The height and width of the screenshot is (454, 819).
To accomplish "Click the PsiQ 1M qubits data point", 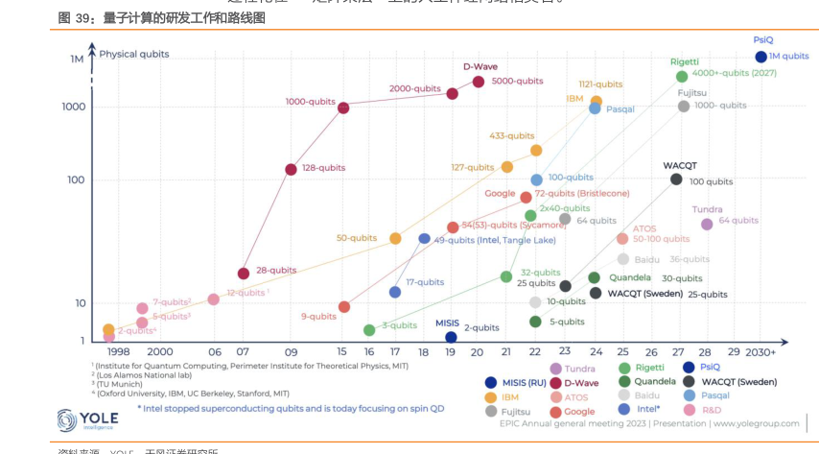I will [x=760, y=57].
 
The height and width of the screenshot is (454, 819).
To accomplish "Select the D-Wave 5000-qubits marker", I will [x=478, y=82].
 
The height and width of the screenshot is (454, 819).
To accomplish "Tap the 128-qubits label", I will [x=323, y=168].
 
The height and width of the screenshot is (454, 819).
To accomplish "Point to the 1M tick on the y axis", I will [x=77, y=60].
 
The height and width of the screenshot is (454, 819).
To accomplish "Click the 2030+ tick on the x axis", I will [x=760, y=352].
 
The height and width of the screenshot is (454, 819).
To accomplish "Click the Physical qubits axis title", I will [x=134, y=55].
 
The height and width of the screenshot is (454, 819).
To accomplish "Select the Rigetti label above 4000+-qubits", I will [x=684, y=61].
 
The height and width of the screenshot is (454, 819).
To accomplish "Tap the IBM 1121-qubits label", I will [x=600, y=84].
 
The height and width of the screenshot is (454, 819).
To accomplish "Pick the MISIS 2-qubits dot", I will [x=451, y=337].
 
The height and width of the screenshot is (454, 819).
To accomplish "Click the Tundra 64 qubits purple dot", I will [x=707, y=224].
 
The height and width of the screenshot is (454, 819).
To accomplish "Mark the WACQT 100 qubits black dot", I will [x=676, y=179].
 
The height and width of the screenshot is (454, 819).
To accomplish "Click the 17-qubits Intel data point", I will [x=394, y=292].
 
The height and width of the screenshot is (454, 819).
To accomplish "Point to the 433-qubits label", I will [x=512, y=136].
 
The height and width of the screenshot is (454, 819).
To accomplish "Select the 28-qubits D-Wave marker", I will [x=244, y=274].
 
